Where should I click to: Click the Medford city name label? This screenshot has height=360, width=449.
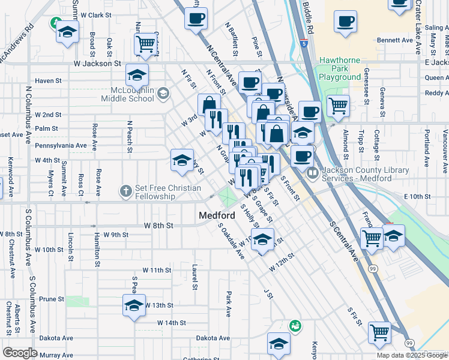click(217, 215)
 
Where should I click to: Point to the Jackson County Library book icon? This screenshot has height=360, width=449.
click(312, 174)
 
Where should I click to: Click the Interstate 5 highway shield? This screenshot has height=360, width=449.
click(305, 43)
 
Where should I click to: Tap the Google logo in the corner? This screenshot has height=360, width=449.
click(19, 353)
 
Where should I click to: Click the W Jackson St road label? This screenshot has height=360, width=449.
click(97, 63)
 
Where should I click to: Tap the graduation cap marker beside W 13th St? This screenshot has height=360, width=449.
click(134, 305)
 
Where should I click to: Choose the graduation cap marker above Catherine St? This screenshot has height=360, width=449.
click(279, 344)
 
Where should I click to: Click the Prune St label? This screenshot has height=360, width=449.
click(51, 299)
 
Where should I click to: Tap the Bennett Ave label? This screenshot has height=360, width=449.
click(395, 40)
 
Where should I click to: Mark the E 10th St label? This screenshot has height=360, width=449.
click(418, 196)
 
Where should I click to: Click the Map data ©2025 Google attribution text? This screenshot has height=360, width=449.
click(412, 355)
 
